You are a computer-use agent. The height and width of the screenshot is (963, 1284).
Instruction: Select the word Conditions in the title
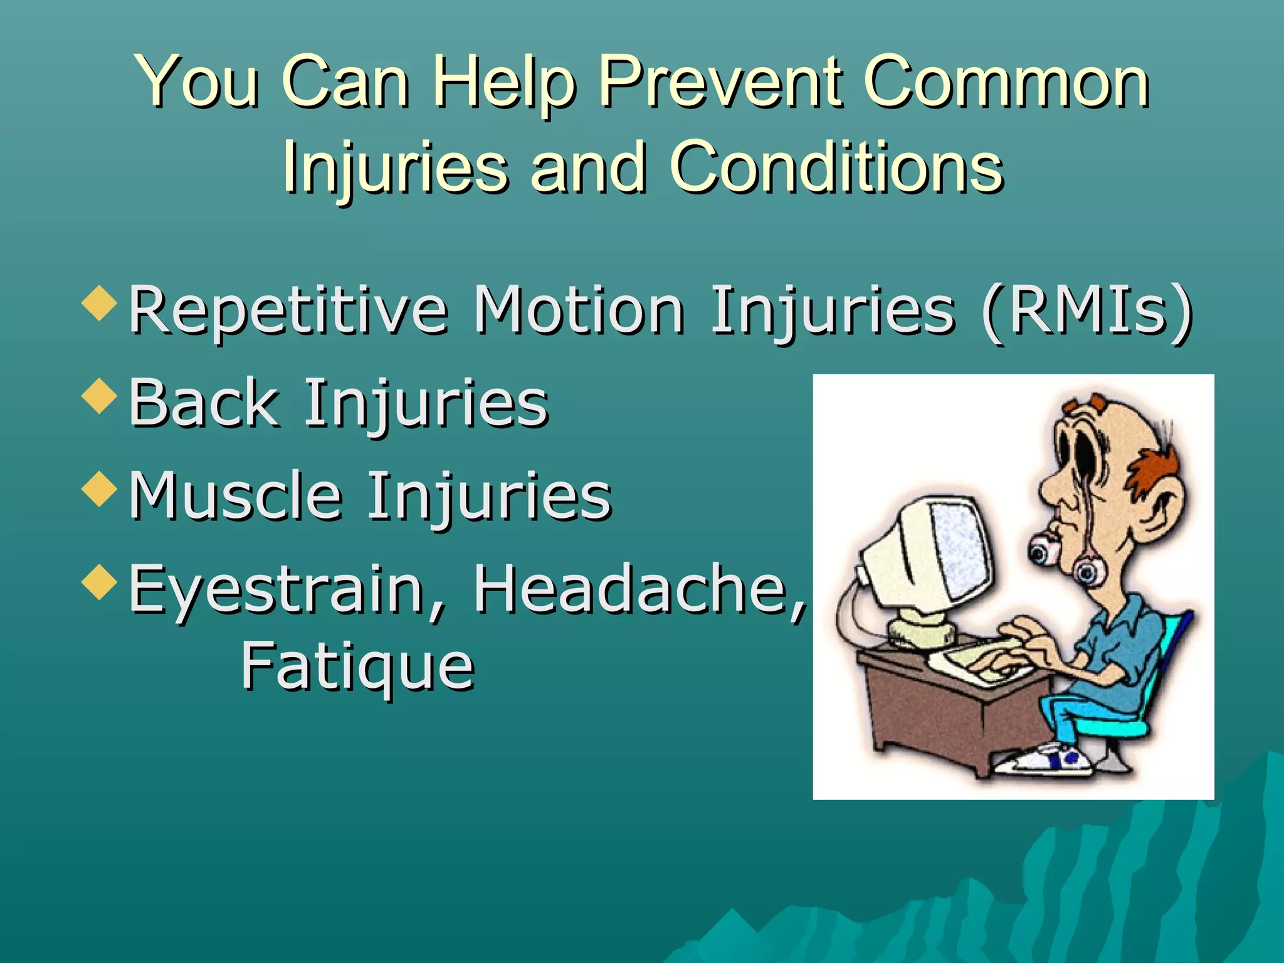tap(836, 167)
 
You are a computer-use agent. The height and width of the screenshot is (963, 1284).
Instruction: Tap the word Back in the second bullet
tap(204, 403)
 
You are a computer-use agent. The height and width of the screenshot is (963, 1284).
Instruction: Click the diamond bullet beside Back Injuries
tap(100, 396)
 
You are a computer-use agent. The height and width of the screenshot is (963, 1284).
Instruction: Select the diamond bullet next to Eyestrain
tap(100, 582)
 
